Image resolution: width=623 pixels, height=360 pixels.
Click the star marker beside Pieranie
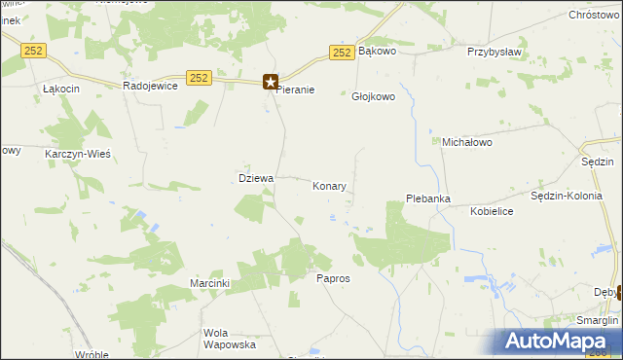pos(271,83)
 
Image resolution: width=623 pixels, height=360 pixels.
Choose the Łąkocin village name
pos(60,88)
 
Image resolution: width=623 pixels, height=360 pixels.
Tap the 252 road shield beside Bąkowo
pos(341,54)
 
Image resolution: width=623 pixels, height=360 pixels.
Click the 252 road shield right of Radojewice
pos(199,78)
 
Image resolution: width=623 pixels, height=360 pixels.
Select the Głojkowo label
pos(371,96)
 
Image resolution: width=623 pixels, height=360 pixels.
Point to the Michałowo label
pos(467,142)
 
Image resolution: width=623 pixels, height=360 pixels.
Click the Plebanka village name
pos(427,199)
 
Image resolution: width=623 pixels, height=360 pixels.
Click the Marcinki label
pos(209,283)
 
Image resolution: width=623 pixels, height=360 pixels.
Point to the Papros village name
pos(333,278)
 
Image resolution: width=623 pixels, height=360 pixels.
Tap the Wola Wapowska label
pos(229,339)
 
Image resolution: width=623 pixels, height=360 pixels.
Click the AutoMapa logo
pos(560,341)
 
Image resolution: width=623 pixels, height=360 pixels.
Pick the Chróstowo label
pos(594,17)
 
